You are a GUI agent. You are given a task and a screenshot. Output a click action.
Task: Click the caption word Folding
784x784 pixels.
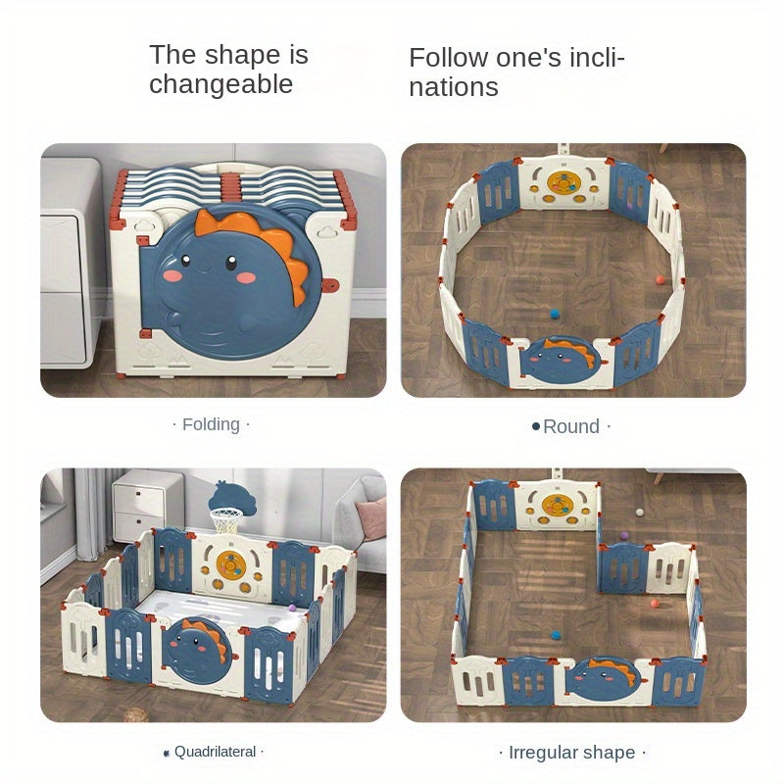[x=211, y=424]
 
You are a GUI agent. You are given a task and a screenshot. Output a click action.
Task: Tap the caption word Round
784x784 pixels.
[x=571, y=426]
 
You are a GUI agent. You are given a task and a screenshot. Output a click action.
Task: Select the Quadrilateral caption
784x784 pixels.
[x=215, y=752]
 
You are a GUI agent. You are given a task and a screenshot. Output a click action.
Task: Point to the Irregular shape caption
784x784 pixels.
[x=572, y=753]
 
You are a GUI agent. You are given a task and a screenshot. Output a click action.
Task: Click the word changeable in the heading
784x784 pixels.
[x=220, y=84]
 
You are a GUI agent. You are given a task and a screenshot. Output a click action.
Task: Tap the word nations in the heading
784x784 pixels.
[x=454, y=87]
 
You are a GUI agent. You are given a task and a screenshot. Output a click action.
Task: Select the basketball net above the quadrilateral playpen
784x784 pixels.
[x=225, y=520]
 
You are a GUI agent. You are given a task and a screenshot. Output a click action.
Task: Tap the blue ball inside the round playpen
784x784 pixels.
[x=555, y=314]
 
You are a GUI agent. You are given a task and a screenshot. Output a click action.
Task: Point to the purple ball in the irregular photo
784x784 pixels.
[x=624, y=536]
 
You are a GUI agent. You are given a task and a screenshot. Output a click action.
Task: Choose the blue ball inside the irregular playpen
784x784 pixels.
[x=555, y=635]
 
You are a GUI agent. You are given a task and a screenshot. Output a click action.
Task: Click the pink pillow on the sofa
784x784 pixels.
[x=372, y=518]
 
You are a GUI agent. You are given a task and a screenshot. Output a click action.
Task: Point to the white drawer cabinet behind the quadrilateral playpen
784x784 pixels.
[x=147, y=504]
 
